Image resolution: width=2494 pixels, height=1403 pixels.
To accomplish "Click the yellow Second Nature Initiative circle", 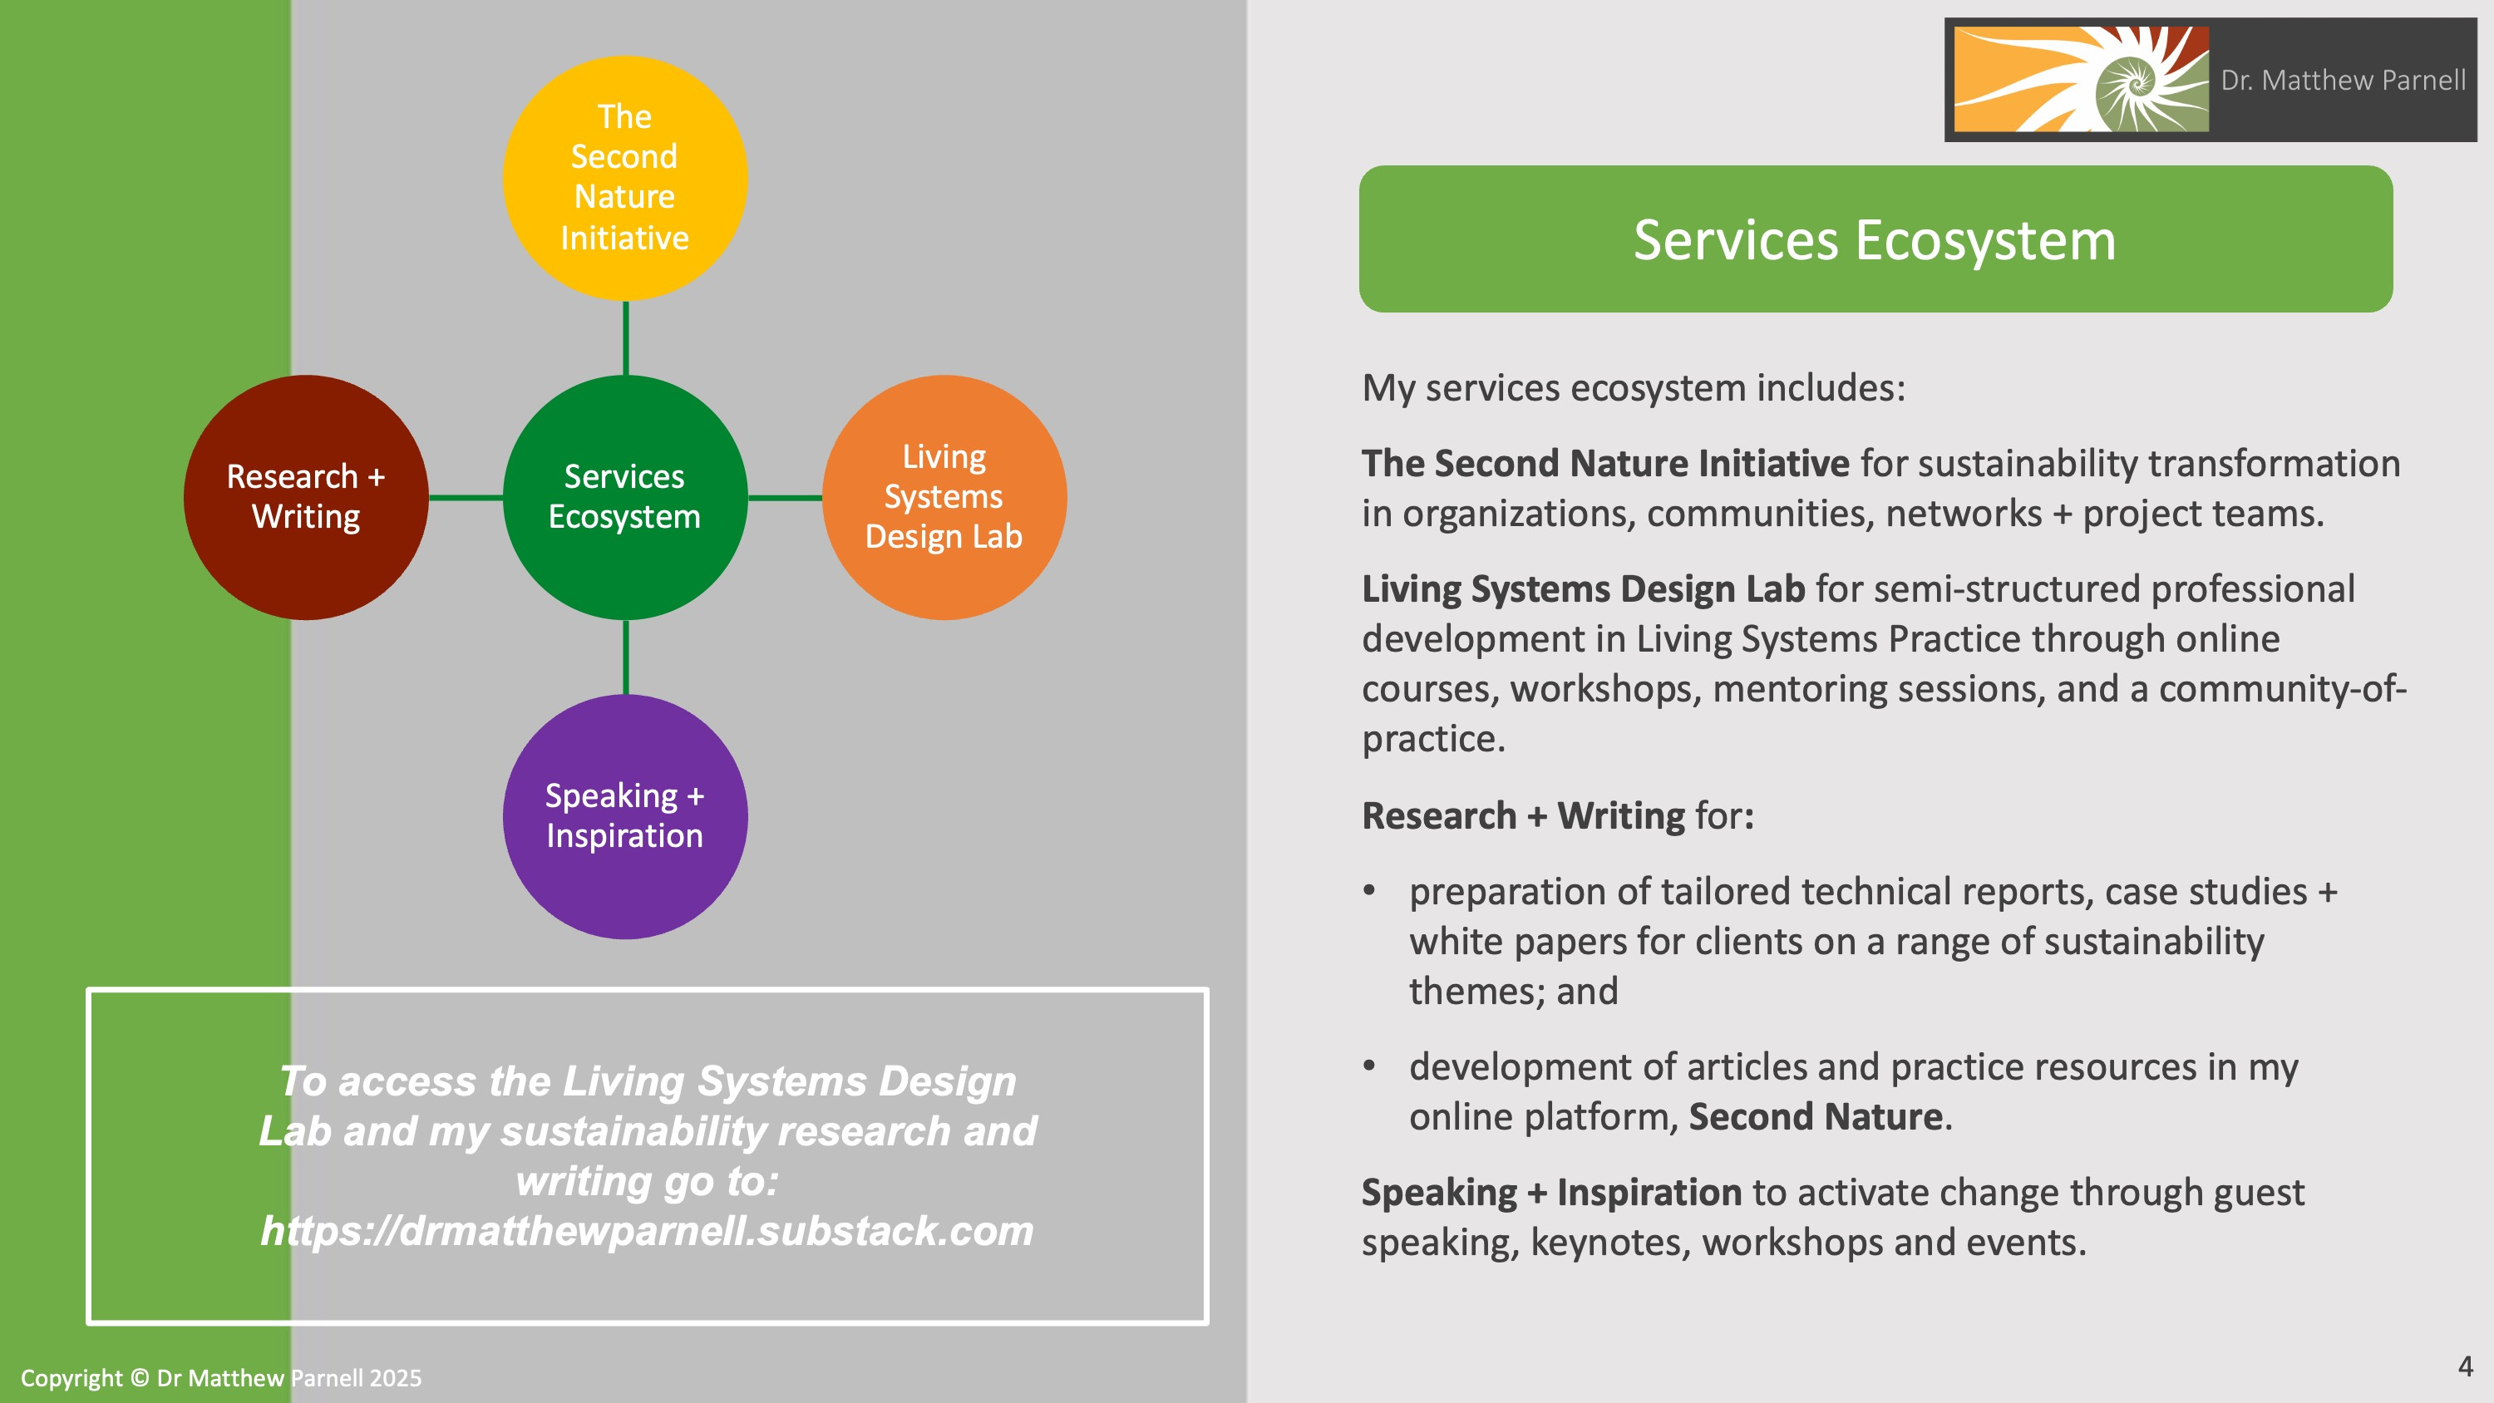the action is tap(624, 177).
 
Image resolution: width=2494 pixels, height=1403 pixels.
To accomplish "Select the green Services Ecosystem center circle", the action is tap(624, 497).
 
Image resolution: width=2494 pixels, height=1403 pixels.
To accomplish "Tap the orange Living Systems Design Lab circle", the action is tap(944, 497).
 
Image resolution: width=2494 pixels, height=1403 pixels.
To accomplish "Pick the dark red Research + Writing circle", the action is tap(306, 497).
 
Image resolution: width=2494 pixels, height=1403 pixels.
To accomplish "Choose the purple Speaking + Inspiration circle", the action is tap(624, 816).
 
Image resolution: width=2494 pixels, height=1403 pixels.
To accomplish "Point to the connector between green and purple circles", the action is tap(625, 657).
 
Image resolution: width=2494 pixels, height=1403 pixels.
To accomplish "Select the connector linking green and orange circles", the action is tap(784, 498).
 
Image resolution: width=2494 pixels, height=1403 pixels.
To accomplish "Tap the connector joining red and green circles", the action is tap(465, 498).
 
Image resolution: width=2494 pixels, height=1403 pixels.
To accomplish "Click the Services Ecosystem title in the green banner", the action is tap(1875, 240).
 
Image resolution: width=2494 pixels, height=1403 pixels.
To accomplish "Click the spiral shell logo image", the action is tap(2081, 80).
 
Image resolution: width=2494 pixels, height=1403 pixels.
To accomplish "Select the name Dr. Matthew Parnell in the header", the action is tap(2343, 81).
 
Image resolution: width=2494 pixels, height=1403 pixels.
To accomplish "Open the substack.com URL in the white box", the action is tap(647, 1231).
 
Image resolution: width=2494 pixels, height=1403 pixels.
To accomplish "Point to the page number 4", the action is tap(2465, 1366).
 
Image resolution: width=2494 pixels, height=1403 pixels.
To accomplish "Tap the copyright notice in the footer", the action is tap(221, 1378).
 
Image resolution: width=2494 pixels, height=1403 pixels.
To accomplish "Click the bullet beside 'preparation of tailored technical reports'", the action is tap(1369, 891).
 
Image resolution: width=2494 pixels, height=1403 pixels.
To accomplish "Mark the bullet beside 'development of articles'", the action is tap(1369, 1066).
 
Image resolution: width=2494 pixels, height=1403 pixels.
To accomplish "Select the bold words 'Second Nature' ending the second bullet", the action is tap(1816, 1116).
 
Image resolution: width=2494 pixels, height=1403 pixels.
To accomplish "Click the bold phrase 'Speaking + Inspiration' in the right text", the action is tap(1551, 1192).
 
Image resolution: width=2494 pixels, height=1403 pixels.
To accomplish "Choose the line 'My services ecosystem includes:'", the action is tap(1634, 387).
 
